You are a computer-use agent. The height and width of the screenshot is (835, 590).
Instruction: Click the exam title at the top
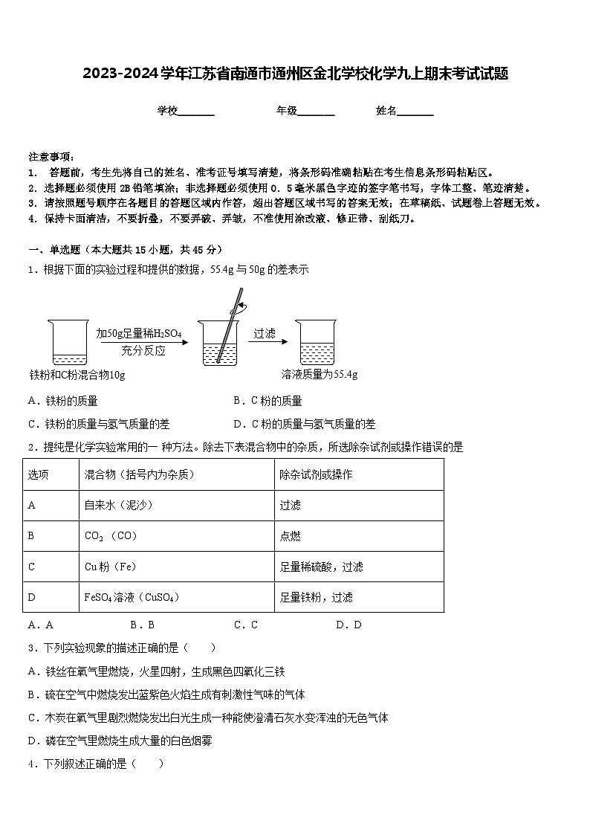coord(295,74)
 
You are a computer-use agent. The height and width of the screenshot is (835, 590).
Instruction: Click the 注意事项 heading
coord(51,157)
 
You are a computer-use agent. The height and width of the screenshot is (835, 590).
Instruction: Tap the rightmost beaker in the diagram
coord(317,342)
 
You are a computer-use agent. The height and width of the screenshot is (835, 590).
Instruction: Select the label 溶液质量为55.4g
coord(320,375)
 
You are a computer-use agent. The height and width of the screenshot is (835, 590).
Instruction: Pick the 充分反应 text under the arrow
coord(143,351)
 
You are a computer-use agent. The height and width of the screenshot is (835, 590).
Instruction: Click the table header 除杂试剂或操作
coord(316,474)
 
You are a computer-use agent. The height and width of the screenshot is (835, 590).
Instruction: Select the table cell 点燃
coord(291,535)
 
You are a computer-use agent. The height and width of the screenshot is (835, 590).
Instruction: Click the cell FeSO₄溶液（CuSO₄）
coord(132,597)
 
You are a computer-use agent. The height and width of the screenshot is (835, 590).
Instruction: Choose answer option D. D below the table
coord(349,625)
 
